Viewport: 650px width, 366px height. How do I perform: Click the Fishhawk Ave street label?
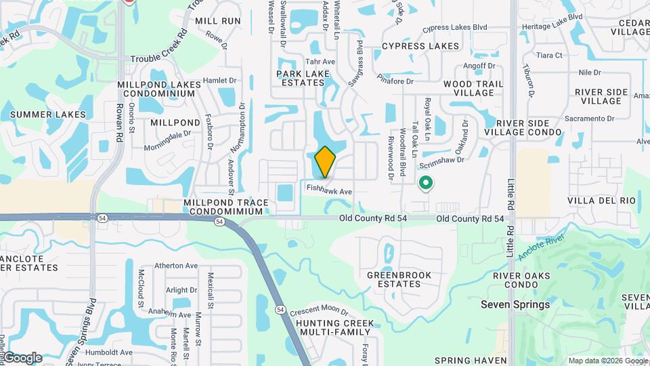[329, 192]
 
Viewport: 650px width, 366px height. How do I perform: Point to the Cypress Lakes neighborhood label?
[420, 46]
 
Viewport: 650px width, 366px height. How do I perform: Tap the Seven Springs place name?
[515, 304]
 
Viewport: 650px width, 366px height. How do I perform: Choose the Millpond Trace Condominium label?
[226, 207]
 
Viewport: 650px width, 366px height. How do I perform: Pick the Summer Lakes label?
[48, 115]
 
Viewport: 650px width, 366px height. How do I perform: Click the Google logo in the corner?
[22, 358]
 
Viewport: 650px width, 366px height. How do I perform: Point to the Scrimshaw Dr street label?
[441, 161]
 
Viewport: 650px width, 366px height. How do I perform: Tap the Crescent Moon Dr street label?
[318, 311]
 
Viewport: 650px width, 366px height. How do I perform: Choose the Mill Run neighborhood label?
[218, 21]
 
